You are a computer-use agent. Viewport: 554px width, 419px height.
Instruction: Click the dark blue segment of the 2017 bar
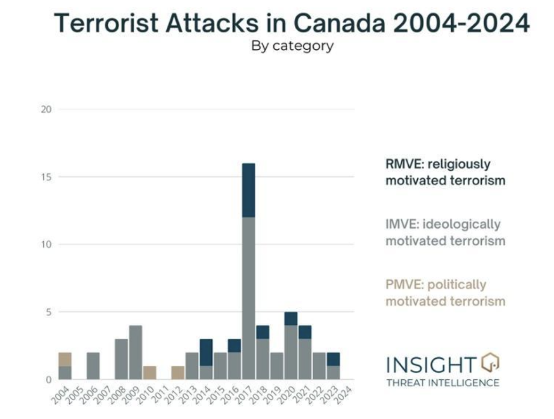pos(248,190)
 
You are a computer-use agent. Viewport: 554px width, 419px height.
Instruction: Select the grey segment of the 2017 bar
pos(248,298)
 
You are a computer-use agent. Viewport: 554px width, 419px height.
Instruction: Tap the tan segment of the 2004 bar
pos(65,359)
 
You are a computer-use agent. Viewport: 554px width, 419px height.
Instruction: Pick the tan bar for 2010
pos(149,373)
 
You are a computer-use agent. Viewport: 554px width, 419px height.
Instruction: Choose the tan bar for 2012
pos(178,373)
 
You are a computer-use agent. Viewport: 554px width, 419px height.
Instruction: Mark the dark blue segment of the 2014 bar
pos(206,352)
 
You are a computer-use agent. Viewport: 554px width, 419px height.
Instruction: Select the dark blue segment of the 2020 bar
pos(291,318)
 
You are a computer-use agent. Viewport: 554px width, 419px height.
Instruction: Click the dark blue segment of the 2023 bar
pos(333,359)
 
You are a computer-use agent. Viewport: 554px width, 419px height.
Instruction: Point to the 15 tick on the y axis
pos(47,177)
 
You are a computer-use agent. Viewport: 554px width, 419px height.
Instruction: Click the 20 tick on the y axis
pos(47,110)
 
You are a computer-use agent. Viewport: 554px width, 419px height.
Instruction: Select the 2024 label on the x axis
pos(344,395)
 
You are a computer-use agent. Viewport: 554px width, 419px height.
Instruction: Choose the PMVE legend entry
pos(444,293)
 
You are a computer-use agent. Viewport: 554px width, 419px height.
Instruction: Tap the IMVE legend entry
pos(444,232)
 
